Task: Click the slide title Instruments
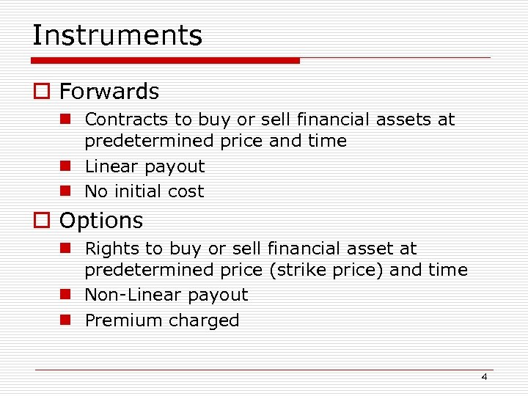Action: pos(117,35)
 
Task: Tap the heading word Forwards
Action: pos(109,92)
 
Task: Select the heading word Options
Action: pos(100,221)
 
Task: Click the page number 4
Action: pos(484,376)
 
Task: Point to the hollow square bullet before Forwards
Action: pos(40,92)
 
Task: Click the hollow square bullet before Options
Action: pos(40,221)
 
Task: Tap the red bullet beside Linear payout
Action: pos(65,166)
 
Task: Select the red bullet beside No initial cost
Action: pos(65,191)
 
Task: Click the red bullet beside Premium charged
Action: pos(65,320)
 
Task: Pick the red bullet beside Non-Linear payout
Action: pos(65,295)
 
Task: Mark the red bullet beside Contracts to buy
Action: pos(65,119)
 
